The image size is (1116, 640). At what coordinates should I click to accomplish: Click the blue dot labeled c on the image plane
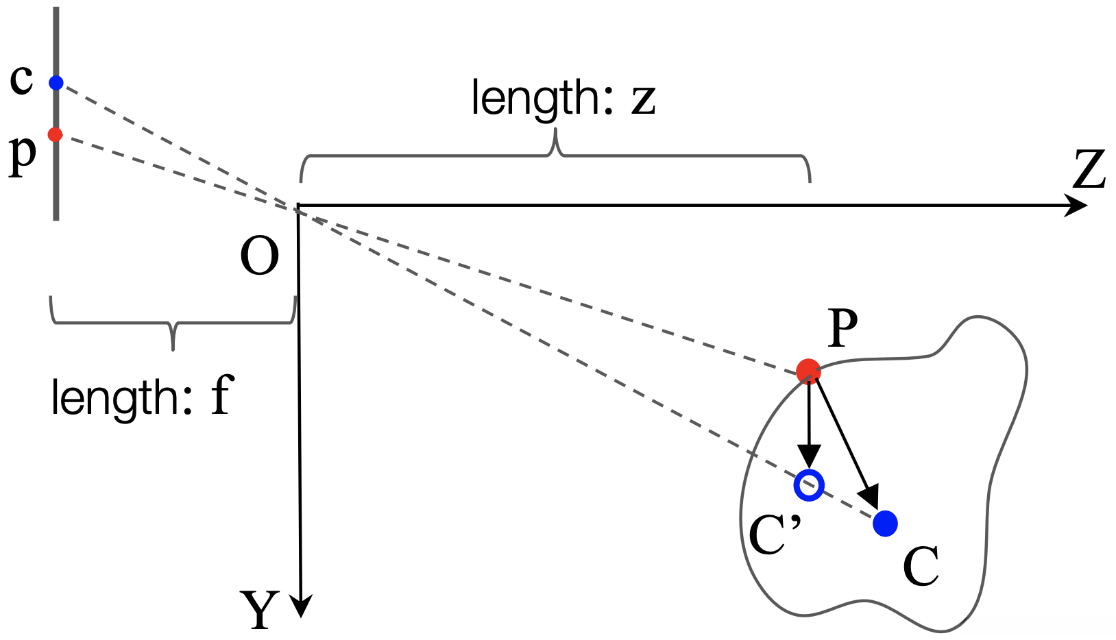click(56, 83)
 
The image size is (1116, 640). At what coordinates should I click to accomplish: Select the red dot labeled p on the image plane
click(55, 134)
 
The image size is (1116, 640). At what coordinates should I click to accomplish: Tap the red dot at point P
click(808, 371)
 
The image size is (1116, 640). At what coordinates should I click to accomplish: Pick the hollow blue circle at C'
click(809, 485)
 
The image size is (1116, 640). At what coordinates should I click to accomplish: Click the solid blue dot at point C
click(885, 524)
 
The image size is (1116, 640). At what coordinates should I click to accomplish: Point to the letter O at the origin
click(259, 256)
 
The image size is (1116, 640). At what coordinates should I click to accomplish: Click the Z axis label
click(1089, 169)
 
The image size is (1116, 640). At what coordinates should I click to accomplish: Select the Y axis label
click(259, 611)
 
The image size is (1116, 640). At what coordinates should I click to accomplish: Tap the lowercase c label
click(21, 79)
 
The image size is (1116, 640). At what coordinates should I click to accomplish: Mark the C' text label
click(775, 535)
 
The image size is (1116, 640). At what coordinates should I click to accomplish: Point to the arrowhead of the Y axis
click(301, 606)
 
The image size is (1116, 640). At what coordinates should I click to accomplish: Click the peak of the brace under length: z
click(555, 130)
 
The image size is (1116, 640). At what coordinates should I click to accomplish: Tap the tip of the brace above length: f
click(173, 349)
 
